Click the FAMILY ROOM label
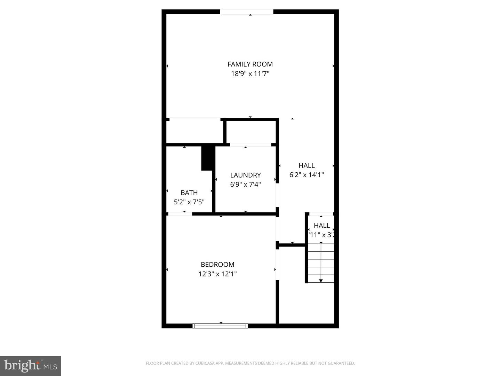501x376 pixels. click(250, 64)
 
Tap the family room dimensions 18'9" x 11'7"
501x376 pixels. click(250, 74)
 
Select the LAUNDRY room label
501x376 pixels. click(245, 175)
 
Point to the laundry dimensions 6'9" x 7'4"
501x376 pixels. click(245, 185)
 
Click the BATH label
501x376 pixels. click(189, 193)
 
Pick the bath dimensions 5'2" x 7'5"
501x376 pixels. click(189, 202)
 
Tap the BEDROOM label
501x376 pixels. click(217, 265)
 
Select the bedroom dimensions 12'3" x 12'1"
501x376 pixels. click(217, 274)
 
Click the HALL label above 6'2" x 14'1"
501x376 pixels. click(307, 165)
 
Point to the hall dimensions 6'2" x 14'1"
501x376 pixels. click(307, 175)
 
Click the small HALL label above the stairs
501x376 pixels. click(321, 226)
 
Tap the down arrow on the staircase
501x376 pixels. click(321, 280)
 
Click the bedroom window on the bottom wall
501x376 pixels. click(220, 326)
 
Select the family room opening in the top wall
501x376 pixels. click(247, 12)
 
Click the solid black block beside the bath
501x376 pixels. click(207, 158)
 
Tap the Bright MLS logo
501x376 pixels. click(31, 366)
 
